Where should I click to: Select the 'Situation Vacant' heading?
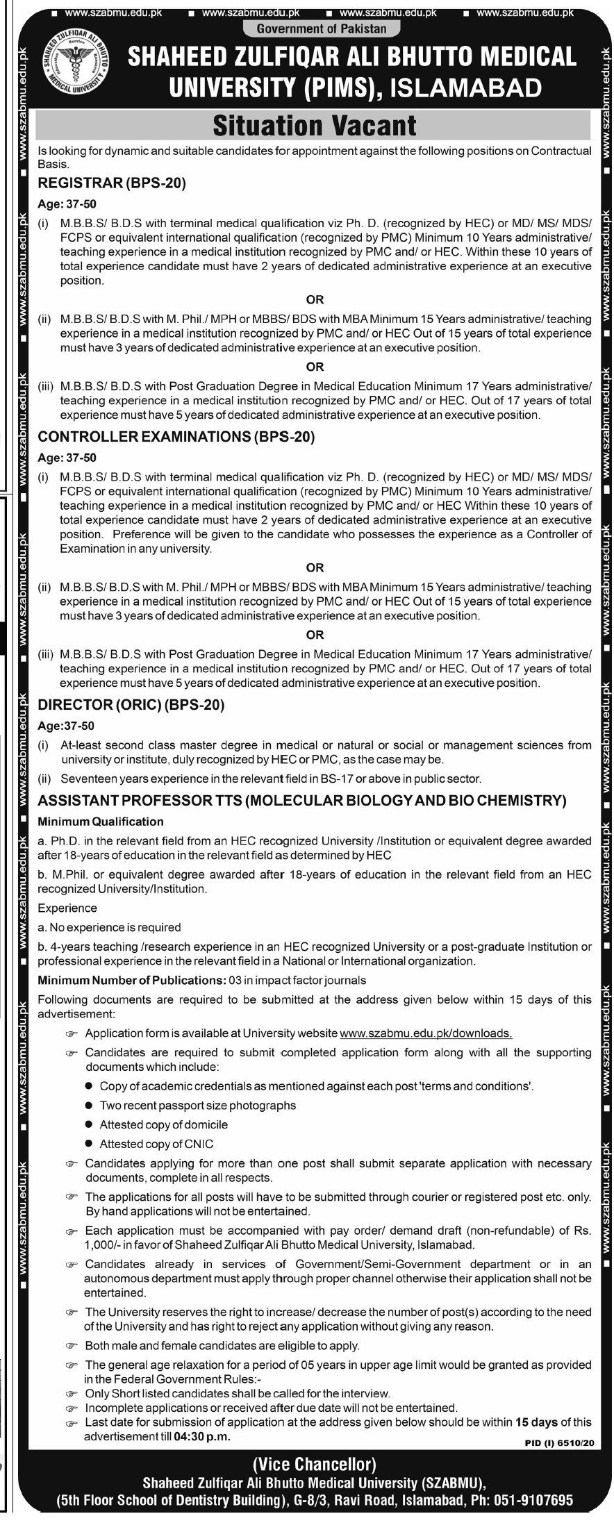pyautogui.click(x=314, y=126)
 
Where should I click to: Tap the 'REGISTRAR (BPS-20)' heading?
pyautogui.click(x=113, y=184)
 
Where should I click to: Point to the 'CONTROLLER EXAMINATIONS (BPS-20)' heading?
pyautogui.click(x=176, y=437)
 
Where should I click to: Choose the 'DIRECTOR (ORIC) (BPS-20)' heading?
pyautogui.click(x=131, y=705)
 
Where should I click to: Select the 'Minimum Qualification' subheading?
pyautogui.click(x=101, y=822)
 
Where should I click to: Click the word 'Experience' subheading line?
pyautogui.click(x=67, y=908)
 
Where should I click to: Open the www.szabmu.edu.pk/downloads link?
pyautogui.click(x=426, y=1033)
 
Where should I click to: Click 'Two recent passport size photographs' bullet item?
pyautogui.click(x=197, y=1105)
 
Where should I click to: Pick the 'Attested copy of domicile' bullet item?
pyautogui.click(x=163, y=1124)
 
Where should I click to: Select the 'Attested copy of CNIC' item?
pyautogui.click(x=156, y=1143)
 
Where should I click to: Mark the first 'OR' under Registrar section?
pyautogui.click(x=315, y=300)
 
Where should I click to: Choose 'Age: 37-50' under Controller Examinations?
pyautogui.click(x=67, y=458)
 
